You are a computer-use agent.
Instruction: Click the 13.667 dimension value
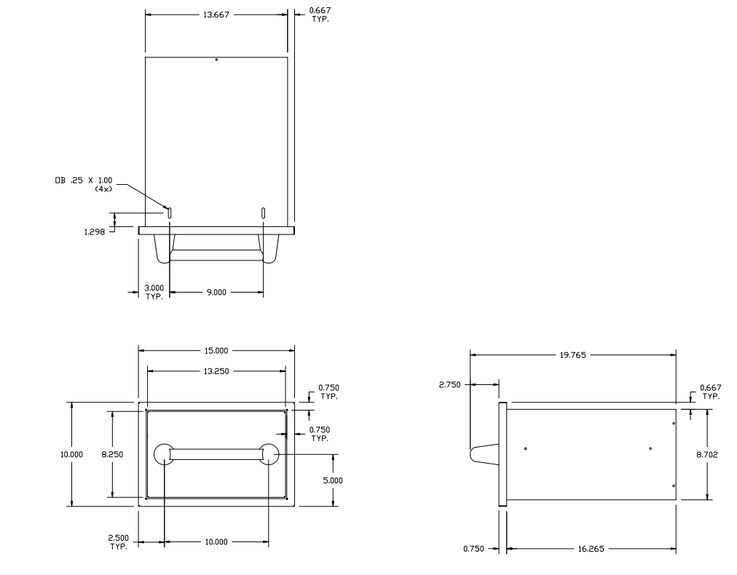point(217,14)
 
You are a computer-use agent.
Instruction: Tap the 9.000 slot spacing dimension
point(216,293)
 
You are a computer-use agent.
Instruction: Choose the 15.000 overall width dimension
point(216,350)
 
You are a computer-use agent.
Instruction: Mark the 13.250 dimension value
point(216,370)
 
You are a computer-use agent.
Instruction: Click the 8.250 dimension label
point(112,454)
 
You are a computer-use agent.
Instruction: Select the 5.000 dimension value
point(333,480)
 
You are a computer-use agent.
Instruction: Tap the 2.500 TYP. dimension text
point(118,542)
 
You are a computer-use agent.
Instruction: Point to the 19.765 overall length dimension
point(572,356)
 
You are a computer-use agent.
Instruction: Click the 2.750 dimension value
point(450,384)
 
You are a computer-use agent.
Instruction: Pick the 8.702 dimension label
point(709,454)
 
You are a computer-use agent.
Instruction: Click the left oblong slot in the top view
point(169,213)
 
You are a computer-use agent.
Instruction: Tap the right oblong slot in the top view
point(263,213)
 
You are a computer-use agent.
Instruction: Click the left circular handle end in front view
point(163,454)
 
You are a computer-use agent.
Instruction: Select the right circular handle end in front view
point(269,454)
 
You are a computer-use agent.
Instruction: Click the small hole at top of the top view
point(216,60)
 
